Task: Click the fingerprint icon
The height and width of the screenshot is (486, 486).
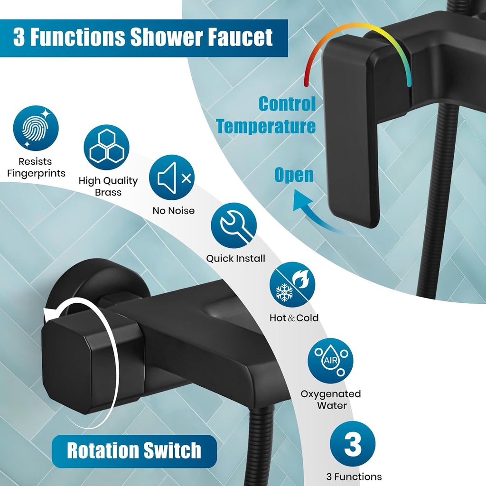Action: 36,128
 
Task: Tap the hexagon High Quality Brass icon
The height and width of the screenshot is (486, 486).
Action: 107,147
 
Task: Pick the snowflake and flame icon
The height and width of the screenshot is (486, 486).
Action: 292,284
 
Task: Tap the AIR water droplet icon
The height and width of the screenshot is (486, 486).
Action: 330,361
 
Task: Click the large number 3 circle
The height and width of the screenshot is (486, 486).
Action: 353,444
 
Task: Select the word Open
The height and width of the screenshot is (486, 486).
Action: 294,175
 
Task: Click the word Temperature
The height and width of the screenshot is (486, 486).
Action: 266,126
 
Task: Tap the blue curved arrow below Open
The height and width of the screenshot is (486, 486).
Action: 313,211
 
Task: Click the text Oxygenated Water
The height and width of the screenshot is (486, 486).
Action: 331,400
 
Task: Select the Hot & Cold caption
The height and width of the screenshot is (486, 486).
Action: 294,318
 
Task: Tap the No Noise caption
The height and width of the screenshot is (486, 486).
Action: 174,210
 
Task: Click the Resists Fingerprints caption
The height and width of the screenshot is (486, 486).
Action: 36,168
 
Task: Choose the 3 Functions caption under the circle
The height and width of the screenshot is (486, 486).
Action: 354,477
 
